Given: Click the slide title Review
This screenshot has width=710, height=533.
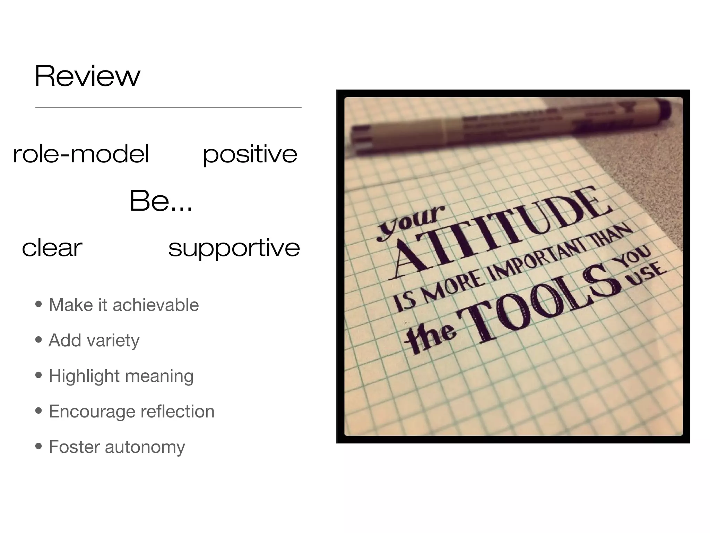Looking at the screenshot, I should pyautogui.click(x=87, y=76).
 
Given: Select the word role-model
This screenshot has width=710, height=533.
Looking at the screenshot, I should pyautogui.click(x=81, y=154).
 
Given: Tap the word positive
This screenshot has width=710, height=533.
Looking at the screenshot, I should pyautogui.click(x=250, y=154).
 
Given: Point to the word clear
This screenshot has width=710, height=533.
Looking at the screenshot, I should pyautogui.click(x=52, y=247).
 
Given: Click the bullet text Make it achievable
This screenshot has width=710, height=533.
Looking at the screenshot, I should pyautogui.click(x=124, y=305).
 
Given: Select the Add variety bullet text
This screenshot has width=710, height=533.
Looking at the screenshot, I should pyautogui.click(x=94, y=340).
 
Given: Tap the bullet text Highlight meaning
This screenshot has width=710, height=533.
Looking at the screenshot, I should pyautogui.click(x=121, y=376).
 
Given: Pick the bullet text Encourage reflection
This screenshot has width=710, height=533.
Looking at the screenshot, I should pyautogui.click(x=131, y=412).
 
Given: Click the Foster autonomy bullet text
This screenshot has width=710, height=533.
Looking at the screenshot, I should pyautogui.click(x=117, y=447).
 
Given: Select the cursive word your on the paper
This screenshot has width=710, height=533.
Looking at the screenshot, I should pyautogui.click(x=411, y=222).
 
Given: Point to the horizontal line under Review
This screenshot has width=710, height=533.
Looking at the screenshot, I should pyautogui.click(x=168, y=108).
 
